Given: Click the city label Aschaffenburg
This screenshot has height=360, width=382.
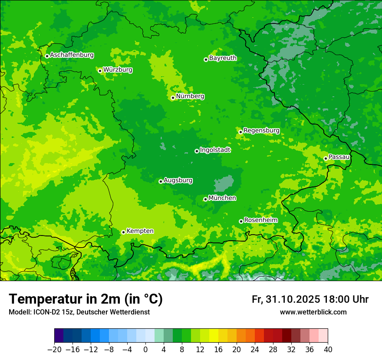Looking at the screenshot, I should point(72,55).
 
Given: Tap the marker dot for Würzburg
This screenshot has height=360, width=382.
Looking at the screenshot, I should point(100,71).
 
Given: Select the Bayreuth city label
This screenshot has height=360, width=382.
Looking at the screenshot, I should point(223,58).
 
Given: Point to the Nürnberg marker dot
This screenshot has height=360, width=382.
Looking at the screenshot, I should point(173,98).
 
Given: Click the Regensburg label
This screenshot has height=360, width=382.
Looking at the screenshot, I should point(261,131).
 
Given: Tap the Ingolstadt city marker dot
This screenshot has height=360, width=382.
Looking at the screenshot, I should point(197,151).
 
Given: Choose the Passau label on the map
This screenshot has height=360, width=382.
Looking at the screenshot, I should point(339,157).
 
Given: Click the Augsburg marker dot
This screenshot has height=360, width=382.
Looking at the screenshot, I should point(161,181).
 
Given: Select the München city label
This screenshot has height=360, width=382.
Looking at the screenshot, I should point(222,198).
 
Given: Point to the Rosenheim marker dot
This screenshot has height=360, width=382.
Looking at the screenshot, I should point(241,221).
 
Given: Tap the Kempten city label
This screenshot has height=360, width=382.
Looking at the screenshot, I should point(140,231).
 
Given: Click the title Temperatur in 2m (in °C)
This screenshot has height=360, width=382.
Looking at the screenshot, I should point(86,299).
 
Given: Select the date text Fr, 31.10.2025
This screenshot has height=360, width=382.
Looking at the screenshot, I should point(286,299).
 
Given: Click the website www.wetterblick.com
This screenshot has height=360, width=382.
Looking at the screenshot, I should point(313,312).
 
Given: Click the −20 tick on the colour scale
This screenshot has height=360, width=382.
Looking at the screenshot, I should point(54,350).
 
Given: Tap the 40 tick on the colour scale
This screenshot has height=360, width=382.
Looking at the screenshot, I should point(328,350).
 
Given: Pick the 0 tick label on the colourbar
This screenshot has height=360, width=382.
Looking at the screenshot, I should point(145,350).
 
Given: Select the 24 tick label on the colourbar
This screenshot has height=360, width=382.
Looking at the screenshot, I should point(255,350).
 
